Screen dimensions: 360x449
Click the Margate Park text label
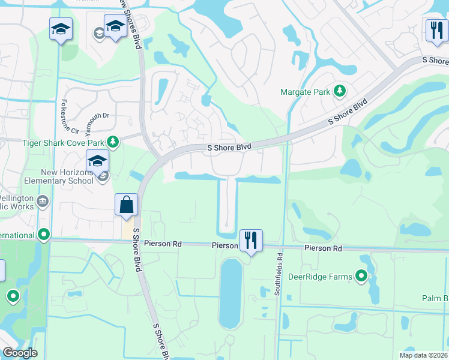click(x=305, y=92)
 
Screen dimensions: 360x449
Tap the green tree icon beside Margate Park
click(x=340, y=91)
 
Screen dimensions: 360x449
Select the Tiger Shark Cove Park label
click(x=62, y=142)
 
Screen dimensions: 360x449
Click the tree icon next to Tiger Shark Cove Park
click(x=112, y=142)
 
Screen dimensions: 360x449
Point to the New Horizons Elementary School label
click(x=51, y=176)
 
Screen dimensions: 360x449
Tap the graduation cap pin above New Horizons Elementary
click(x=97, y=161)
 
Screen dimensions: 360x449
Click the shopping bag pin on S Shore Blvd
click(x=127, y=205)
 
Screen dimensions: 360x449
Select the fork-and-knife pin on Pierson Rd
click(x=251, y=241)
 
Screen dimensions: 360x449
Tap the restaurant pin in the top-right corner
click(x=436, y=29)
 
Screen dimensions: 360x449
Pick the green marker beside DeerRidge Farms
click(x=361, y=276)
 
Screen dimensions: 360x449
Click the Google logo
click(x=20, y=353)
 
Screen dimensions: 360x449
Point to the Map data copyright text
click(x=423, y=355)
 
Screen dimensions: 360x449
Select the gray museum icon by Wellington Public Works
click(x=42, y=200)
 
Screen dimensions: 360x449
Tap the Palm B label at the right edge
click(x=435, y=299)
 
